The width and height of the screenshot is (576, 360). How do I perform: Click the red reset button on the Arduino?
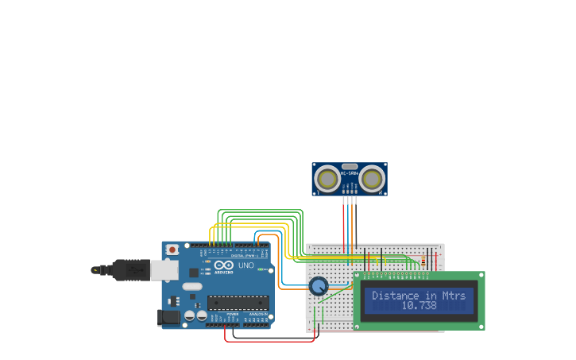(x=172, y=250)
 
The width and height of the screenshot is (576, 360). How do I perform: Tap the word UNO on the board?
(x=245, y=265)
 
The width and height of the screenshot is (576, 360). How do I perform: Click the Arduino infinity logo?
(x=223, y=265)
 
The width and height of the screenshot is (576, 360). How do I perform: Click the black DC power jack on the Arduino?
(x=169, y=317)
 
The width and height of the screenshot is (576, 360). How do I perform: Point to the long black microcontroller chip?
(x=238, y=303)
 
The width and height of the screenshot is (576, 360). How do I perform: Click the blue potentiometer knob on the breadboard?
(x=319, y=286)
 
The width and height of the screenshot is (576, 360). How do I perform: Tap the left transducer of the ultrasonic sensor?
(x=327, y=179)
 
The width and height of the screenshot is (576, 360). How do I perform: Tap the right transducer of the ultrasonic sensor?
(x=372, y=179)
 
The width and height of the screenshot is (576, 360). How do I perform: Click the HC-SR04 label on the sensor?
(x=350, y=172)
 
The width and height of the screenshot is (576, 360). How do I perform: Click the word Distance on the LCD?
(x=395, y=296)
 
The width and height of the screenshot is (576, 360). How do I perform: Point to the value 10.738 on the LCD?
(x=419, y=306)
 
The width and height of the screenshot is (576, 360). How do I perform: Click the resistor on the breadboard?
(x=423, y=261)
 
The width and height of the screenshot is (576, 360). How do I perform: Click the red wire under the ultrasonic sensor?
(x=344, y=223)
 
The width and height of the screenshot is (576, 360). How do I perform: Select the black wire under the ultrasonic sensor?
(x=356, y=223)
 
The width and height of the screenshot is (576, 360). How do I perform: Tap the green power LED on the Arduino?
(x=260, y=269)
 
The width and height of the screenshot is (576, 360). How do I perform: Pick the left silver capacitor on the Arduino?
(x=190, y=315)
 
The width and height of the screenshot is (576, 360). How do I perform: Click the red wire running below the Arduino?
(x=270, y=341)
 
